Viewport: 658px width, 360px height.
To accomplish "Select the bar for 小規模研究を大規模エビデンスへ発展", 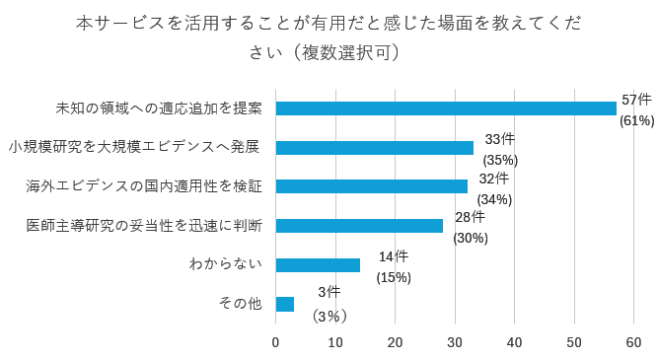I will pyautogui.click(x=375, y=148).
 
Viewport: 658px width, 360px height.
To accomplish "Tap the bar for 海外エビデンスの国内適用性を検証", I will pyautogui.click(x=372, y=186).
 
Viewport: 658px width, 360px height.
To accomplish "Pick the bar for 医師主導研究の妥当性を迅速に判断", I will pyautogui.click(x=359, y=226).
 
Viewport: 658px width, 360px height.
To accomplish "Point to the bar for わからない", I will pyautogui.click(x=318, y=264).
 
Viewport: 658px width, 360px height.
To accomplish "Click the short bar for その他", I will pyautogui.click(x=285, y=304).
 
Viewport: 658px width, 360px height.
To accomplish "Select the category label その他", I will pyautogui.click(x=240, y=304).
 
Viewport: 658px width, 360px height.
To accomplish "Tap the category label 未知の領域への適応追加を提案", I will pyautogui.click(x=159, y=108).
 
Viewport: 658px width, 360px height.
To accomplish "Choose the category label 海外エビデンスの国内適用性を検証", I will pyautogui.click(x=143, y=186).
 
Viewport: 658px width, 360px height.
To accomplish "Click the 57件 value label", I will pyautogui.click(x=637, y=101).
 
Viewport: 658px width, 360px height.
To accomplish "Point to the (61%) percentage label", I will pyautogui.click(x=637, y=121).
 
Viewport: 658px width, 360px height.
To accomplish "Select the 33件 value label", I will pyautogui.click(x=500, y=140).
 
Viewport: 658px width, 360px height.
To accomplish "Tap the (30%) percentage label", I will pyautogui.click(x=471, y=238).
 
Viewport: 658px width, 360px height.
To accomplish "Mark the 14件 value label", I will pyautogui.click(x=394, y=256).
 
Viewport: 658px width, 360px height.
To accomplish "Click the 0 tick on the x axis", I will pyautogui.click(x=276, y=342).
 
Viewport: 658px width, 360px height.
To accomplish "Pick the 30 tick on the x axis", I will pyautogui.click(x=455, y=342).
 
